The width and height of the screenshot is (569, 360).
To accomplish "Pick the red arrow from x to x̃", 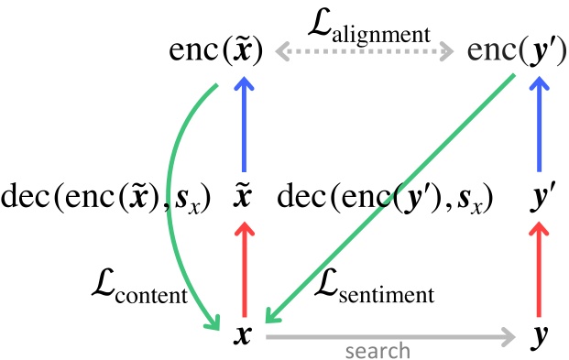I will coord(244,270).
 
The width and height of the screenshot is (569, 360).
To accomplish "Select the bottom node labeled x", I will coord(243,336).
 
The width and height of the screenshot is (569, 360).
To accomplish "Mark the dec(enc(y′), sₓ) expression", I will coord(385,197).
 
